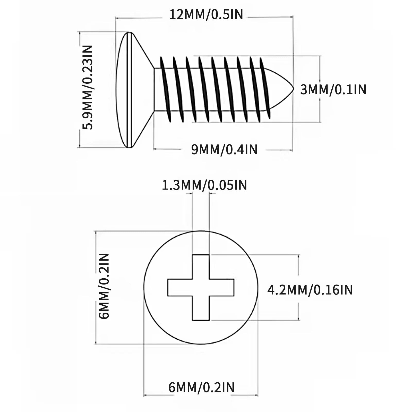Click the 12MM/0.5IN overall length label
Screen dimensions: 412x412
tap(206, 15)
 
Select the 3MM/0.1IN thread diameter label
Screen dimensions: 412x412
tap(333, 90)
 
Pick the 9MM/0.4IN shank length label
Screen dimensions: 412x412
tap(224, 150)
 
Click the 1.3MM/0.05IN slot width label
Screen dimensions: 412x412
tap(204, 185)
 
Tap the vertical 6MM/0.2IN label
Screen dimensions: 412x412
tap(105, 286)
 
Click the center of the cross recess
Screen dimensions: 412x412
tap(201, 288)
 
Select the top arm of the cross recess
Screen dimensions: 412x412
tap(201, 267)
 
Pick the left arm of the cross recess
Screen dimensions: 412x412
tap(180, 288)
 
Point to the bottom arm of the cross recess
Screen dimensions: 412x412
tap(201, 308)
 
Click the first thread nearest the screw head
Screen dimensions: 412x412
tap(166, 89)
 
